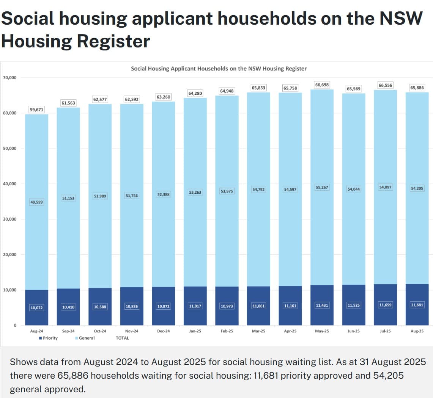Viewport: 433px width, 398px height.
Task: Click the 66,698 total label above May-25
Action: [x=322, y=85]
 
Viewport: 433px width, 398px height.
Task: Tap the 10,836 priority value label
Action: [x=132, y=307]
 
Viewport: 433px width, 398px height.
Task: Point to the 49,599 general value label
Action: [x=36, y=202]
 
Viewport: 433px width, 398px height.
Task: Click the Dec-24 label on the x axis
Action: [x=163, y=331]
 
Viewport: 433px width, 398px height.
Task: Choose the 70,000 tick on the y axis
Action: [x=9, y=78]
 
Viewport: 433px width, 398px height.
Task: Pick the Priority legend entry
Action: [x=48, y=338]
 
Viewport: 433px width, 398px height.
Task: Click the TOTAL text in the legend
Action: [x=122, y=338]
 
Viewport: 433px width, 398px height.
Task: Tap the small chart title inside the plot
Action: [x=219, y=69]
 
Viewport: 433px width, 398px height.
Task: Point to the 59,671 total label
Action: [x=36, y=110]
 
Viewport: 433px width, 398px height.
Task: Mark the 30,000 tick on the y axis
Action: [x=9, y=219]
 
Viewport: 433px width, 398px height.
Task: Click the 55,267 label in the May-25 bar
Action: [x=322, y=187]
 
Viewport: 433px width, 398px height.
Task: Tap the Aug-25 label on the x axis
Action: [x=417, y=331]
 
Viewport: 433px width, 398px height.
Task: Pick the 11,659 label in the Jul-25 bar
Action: [x=385, y=305]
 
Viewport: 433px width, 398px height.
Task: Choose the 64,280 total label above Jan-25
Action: [x=195, y=93]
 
